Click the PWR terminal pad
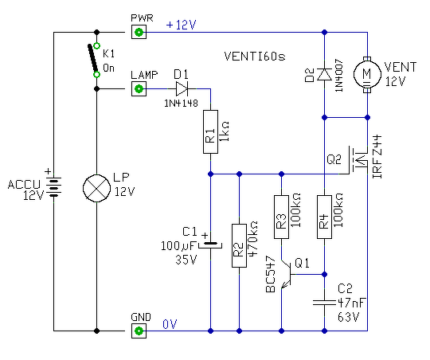click(139, 32)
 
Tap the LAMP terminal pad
click(139, 88)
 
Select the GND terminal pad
click(139, 331)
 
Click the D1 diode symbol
click(182, 88)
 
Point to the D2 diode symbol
click(324, 74)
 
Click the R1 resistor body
click(210, 131)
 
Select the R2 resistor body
click(239, 245)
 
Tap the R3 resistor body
click(281, 217)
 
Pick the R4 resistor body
click(324, 217)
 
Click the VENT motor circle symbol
click(367, 74)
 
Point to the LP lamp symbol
click(96, 188)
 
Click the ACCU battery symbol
click(53, 186)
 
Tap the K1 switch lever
click(92, 58)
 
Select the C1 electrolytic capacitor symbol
click(210, 245)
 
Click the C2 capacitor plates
click(324, 303)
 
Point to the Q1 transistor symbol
click(287, 274)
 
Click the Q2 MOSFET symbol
click(357, 160)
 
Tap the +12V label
click(182, 25)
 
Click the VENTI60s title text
click(255, 57)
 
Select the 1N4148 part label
click(181, 104)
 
